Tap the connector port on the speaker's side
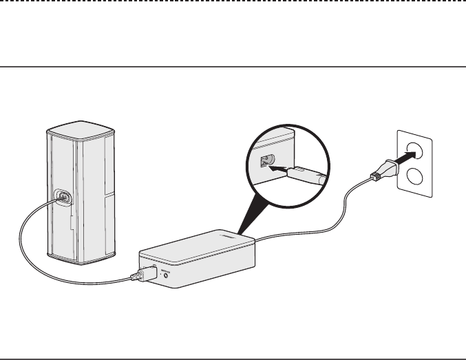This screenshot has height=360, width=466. pyautogui.click(x=63, y=197)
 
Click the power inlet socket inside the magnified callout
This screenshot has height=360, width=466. pyautogui.click(x=265, y=163)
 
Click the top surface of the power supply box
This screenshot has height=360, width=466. pyautogui.click(x=200, y=244)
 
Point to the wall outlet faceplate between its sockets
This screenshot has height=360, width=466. pyautogui.click(x=415, y=165)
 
